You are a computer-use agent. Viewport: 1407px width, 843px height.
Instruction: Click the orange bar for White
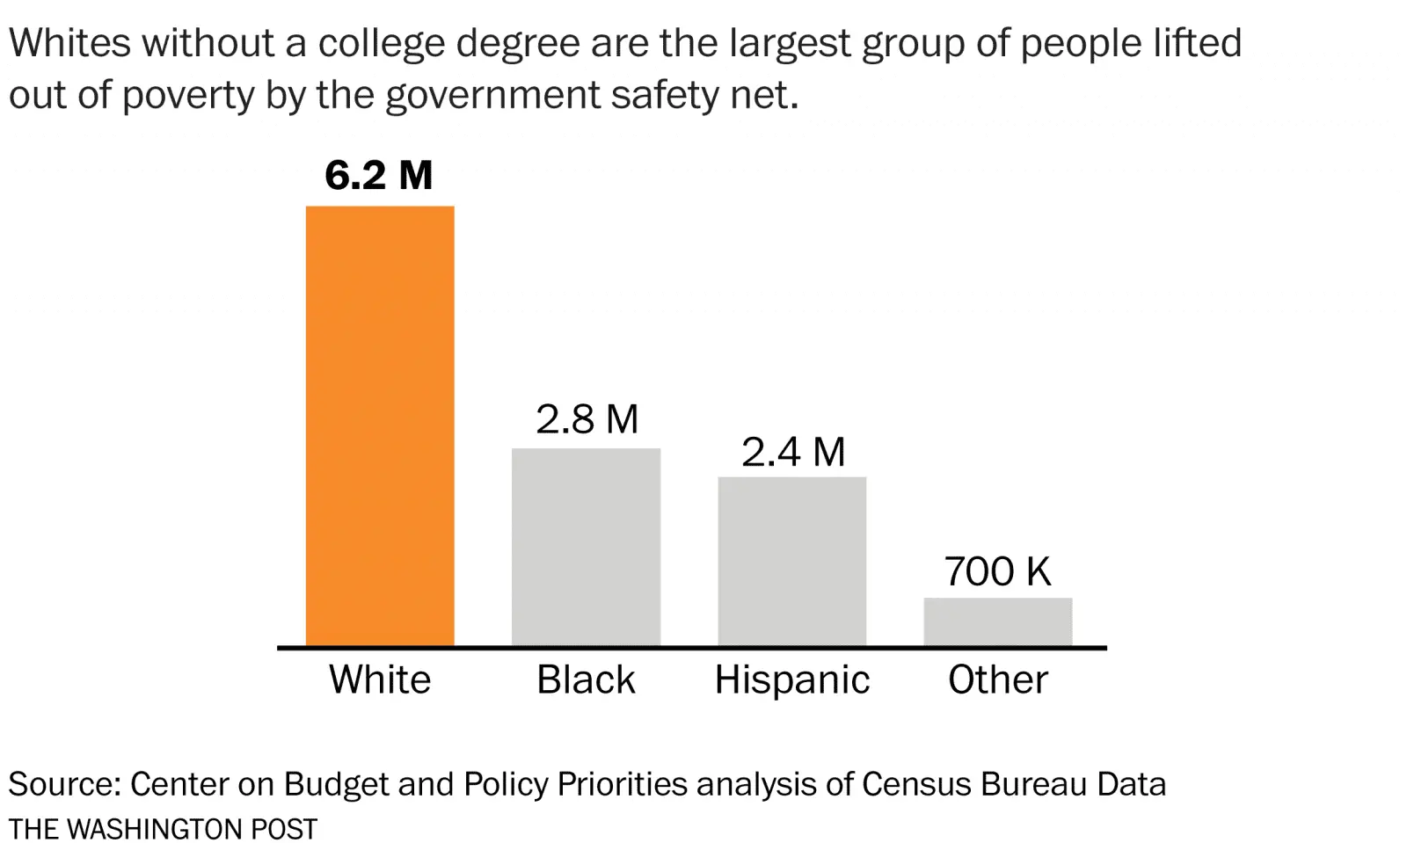click(x=380, y=426)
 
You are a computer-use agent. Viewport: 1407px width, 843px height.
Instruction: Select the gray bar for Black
click(x=586, y=547)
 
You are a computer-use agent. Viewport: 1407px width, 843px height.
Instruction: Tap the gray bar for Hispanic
click(x=791, y=561)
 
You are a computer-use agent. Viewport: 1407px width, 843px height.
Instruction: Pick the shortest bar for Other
click(x=997, y=621)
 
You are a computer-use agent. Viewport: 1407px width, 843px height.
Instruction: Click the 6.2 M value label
click(x=379, y=175)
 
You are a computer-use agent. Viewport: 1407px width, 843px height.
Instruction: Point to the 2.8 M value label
click(x=587, y=419)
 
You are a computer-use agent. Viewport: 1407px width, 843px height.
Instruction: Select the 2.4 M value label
click(x=792, y=453)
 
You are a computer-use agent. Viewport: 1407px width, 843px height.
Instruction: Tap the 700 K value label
click(x=997, y=571)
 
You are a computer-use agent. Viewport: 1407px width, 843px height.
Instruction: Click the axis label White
click(x=380, y=679)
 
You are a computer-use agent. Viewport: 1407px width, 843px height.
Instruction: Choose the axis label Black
click(x=586, y=679)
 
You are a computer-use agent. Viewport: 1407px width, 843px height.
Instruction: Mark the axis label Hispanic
click(x=791, y=679)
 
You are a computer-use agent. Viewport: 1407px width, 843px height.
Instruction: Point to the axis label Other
click(x=997, y=679)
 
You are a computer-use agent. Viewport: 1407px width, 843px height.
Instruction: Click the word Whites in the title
click(x=69, y=43)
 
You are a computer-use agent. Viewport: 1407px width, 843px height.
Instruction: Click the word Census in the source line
click(x=915, y=784)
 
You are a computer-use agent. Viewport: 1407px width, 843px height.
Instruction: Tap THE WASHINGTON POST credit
click(x=163, y=829)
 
